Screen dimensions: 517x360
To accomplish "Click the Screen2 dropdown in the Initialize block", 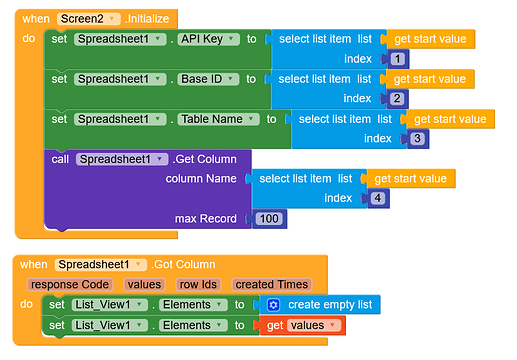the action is (x=89, y=19).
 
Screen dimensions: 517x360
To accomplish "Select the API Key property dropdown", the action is (x=208, y=39).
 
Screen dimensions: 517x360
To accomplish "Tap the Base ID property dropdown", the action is (x=208, y=79).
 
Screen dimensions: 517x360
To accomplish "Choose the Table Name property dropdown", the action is (x=218, y=119).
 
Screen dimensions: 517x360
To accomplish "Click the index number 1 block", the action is (x=397, y=59).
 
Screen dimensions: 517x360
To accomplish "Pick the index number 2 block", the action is (x=397, y=99).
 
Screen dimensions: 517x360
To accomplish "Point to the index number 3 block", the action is (x=417, y=139).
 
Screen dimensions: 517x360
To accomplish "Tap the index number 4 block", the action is (x=378, y=198).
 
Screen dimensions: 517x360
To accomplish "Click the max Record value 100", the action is (x=269, y=219).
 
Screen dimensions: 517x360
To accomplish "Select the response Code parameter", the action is (x=70, y=285).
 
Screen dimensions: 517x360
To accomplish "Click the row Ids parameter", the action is (x=198, y=285).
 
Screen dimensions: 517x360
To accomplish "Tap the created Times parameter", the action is (x=272, y=285).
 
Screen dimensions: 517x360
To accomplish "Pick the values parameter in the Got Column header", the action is (x=144, y=285).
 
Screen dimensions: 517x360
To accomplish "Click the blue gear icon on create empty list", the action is (x=273, y=305).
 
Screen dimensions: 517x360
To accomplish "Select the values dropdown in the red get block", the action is (x=314, y=325).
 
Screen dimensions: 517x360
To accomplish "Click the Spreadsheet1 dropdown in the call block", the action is (x=122, y=159).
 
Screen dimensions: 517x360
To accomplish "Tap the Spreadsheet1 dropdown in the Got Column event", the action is (x=101, y=265).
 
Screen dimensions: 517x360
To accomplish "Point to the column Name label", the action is (x=201, y=179).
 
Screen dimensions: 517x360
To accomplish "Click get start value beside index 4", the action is (x=411, y=179).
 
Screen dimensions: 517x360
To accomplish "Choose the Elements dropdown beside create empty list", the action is (x=193, y=305).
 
